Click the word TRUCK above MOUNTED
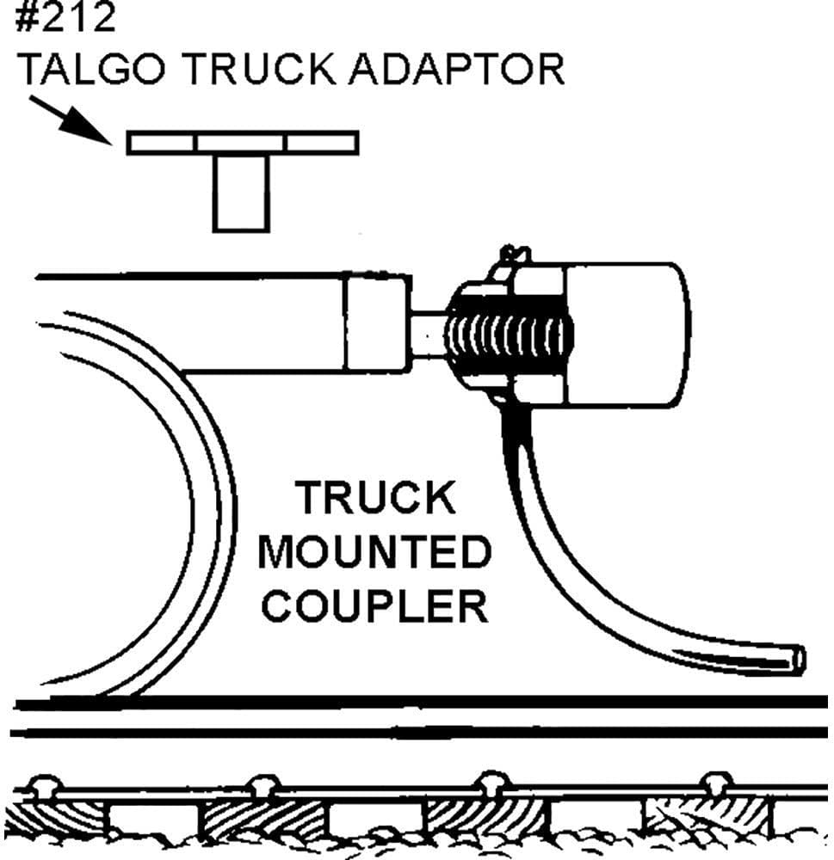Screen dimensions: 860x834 (x=375, y=499)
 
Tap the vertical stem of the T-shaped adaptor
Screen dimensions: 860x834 (x=241, y=193)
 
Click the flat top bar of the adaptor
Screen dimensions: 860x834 (x=242, y=143)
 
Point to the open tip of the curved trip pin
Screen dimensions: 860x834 (x=798, y=659)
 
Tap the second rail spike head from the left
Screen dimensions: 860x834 (x=263, y=785)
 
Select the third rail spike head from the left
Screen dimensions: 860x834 (x=491, y=783)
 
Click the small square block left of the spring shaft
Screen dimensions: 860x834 (x=375, y=323)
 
